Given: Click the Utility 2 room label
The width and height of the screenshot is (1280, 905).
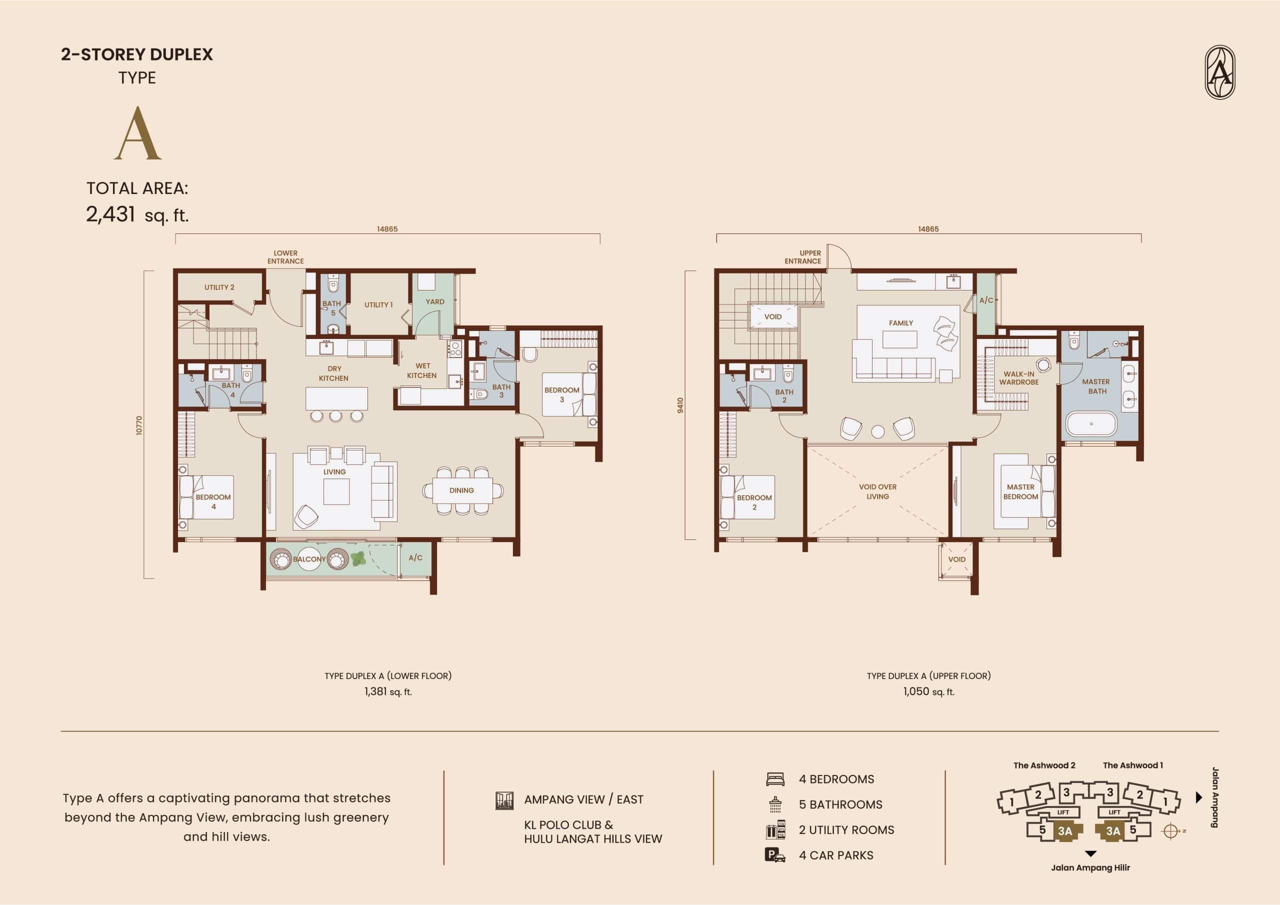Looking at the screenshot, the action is coord(219,287).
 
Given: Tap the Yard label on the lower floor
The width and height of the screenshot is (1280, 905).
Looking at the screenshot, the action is coord(435,301).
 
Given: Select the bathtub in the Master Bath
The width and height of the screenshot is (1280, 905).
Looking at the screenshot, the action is coord(1091,424).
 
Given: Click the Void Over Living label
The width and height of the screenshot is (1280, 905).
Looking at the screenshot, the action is coord(877,491).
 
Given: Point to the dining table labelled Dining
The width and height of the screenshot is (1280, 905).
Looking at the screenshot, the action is coord(462,490).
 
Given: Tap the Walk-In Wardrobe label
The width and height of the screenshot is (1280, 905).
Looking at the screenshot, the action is coord(1018,378).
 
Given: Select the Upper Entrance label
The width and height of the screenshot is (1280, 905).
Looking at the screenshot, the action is coord(803,257).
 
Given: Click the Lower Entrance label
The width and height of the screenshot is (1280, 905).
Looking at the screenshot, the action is coord(285,257).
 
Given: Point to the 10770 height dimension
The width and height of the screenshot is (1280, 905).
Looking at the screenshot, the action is coord(139,425).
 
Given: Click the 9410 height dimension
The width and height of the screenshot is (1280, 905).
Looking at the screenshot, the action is coord(680,405).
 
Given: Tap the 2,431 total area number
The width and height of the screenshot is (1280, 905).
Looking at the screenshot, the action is coord(110,214).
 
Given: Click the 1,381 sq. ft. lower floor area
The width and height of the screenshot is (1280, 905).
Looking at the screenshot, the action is coord(388,691).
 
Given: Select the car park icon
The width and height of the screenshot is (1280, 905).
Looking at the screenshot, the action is coord(775,855).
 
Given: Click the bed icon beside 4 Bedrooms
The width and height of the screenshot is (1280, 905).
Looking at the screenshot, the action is coord(775,779).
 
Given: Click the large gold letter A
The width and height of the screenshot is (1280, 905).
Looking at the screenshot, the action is coord(137,133).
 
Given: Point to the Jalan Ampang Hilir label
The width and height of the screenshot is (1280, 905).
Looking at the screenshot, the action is coord(1090,867).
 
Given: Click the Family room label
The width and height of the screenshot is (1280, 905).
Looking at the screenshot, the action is coord(901,323).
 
